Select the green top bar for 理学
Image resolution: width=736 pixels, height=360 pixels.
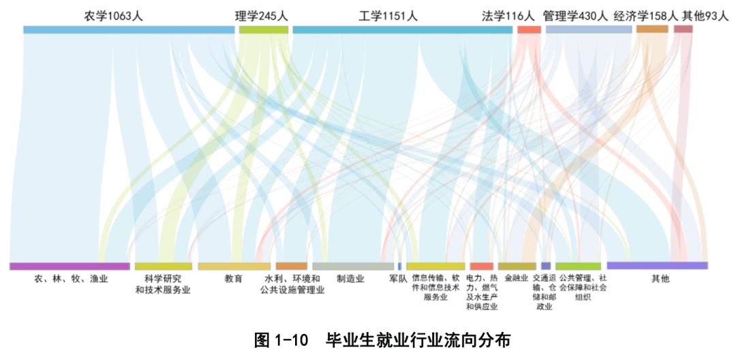(263, 29)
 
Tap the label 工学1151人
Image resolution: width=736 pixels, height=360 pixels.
(388, 16)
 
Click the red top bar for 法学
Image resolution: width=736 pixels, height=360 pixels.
(529, 29)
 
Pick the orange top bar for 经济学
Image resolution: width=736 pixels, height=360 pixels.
(652, 29)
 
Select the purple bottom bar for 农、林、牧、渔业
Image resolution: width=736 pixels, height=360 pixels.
(70, 266)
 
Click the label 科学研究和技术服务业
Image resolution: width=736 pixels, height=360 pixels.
(163, 284)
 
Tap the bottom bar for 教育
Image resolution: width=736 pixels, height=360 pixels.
(234, 266)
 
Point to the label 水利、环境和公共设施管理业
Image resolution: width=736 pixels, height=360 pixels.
(292, 284)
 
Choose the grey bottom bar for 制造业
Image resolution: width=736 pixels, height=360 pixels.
(353, 266)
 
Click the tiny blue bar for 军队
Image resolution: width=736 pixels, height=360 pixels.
(399, 266)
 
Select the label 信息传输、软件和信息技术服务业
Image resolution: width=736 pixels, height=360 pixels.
(435, 287)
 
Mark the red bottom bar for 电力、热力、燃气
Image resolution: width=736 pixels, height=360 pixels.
(481, 266)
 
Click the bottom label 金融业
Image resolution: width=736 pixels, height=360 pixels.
(516, 278)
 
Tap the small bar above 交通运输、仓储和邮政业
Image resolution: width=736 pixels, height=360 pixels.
(546, 266)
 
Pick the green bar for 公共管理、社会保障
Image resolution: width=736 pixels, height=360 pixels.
(578, 266)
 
